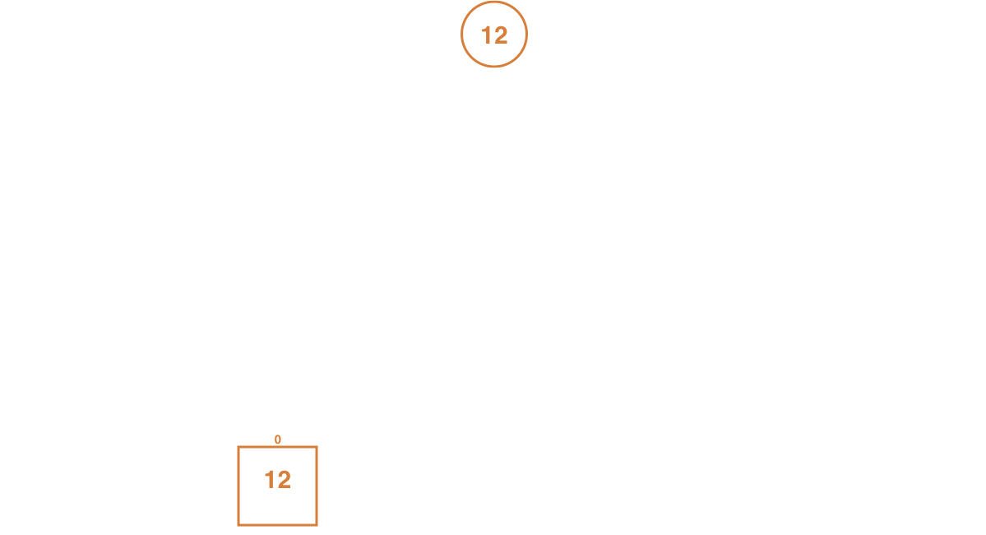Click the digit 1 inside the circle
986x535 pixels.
pyautogui.click(x=485, y=35)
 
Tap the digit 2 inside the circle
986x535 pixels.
pyautogui.click(x=500, y=35)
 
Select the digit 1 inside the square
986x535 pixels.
pyautogui.click(x=269, y=480)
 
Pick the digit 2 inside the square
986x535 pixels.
pyautogui.click(x=284, y=480)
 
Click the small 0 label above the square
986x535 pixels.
pyautogui.click(x=277, y=440)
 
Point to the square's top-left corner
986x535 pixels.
pyautogui.click(x=238, y=447)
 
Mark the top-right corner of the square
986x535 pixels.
pyautogui.click(x=317, y=447)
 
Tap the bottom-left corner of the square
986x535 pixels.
pyautogui.click(x=238, y=525)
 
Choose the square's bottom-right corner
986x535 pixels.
pyautogui.click(x=317, y=525)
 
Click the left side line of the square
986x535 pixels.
pyautogui.click(x=238, y=486)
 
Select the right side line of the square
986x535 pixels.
pyautogui.click(x=317, y=486)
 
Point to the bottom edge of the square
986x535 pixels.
pyautogui.click(x=277, y=525)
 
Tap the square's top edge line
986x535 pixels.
pyautogui.click(x=277, y=447)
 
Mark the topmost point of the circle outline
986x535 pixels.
pyautogui.click(x=494, y=2)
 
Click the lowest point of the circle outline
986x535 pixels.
pyautogui.click(x=494, y=66)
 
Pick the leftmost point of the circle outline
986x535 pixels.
pyautogui.click(x=461, y=34)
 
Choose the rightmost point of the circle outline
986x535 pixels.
pyautogui.click(x=527, y=34)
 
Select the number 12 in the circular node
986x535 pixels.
pyautogui.click(x=494, y=35)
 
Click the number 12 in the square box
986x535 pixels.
pyautogui.click(x=278, y=480)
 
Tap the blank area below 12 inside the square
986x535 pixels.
pyautogui.click(x=277, y=507)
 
